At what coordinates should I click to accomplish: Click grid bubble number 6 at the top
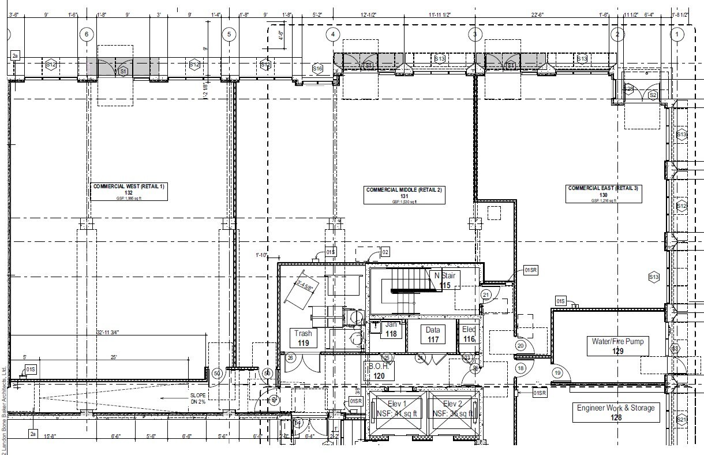[x=87, y=35]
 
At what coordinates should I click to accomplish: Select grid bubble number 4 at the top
[x=332, y=35]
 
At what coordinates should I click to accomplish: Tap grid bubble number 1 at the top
[x=676, y=35]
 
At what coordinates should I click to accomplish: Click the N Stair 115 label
[x=444, y=280]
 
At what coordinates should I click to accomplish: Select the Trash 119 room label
[x=303, y=338]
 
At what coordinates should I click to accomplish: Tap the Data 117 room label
[x=433, y=335]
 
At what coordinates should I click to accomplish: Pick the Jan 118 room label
[x=391, y=329]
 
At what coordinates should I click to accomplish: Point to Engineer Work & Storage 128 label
[x=616, y=412]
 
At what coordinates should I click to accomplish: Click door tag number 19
[x=557, y=373]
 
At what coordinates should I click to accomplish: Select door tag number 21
[x=486, y=295]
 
